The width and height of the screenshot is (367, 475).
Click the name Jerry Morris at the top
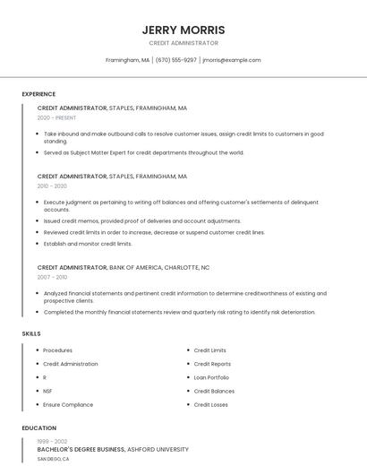183,30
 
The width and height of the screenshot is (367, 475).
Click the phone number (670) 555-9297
176,60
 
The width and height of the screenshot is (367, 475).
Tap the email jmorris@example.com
232,60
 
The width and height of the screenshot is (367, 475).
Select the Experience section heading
38,94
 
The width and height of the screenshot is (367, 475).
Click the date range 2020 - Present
56,117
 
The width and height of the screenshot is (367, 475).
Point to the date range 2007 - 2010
52,277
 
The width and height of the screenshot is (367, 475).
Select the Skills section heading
31,333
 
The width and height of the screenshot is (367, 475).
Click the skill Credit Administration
71,364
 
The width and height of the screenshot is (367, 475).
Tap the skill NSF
47,391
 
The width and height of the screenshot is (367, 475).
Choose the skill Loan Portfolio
211,377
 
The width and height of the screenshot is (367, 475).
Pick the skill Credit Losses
210,404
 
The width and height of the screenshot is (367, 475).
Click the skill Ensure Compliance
68,404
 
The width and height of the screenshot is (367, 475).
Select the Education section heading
39,428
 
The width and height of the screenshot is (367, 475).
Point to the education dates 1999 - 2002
52,441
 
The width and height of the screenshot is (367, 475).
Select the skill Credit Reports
212,364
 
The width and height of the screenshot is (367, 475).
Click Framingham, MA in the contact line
127,60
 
